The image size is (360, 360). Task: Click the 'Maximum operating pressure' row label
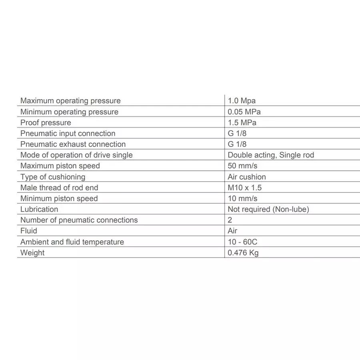(70, 101)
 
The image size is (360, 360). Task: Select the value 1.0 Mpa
(242, 101)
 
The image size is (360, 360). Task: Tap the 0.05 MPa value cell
(244, 112)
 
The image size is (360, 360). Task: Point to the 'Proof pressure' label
(46, 123)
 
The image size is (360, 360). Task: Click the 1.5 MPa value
(242, 123)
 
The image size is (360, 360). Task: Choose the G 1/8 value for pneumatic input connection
(237, 134)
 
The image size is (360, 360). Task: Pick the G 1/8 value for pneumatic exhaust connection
(237, 144)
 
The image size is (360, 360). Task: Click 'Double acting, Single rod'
(271, 155)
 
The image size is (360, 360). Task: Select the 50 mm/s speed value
(242, 166)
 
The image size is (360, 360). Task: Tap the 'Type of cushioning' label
(53, 177)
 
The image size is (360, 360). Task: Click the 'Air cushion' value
(247, 177)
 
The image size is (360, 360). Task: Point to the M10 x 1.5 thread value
(245, 188)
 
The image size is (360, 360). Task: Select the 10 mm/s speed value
(242, 198)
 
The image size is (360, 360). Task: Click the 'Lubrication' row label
(39, 209)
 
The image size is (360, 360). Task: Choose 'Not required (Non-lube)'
(268, 209)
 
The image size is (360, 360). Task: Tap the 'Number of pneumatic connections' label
(79, 220)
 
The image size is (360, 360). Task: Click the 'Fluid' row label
(29, 231)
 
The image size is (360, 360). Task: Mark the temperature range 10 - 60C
(245, 242)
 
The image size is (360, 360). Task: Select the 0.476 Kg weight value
(243, 253)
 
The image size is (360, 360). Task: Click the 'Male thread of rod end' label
(59, 188)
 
